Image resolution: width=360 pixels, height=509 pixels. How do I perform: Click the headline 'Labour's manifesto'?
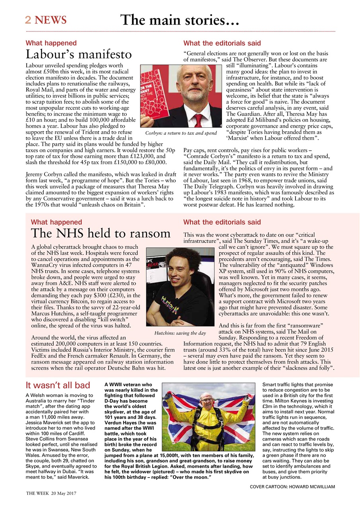coord(78,54)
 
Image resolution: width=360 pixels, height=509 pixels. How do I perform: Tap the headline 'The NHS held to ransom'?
coord(101,233)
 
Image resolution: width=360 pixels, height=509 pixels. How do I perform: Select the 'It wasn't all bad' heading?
coord(58,385)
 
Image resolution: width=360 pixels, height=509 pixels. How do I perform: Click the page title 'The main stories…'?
coord(179,19)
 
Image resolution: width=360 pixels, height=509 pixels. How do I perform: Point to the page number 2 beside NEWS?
coord(28,20)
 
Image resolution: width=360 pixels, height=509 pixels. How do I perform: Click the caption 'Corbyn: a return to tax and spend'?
coord(181,133)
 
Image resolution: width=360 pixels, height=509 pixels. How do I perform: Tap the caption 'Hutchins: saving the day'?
coord(180,333)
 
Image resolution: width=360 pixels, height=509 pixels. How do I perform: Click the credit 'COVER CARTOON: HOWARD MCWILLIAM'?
coord(292,487)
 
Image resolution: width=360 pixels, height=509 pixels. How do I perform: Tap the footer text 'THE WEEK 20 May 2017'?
coord(51,493)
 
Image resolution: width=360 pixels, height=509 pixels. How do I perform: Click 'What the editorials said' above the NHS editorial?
coord(222,222)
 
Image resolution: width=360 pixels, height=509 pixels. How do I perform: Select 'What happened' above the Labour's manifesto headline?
coord(51,43)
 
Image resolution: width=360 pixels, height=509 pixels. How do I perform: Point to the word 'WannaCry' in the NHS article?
coord(44,264)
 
